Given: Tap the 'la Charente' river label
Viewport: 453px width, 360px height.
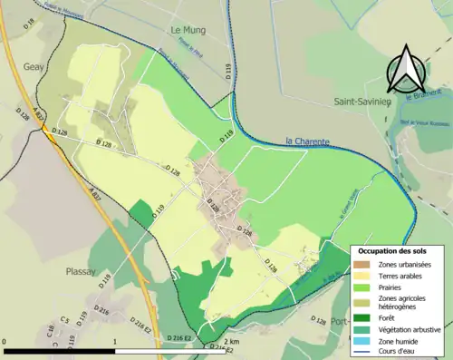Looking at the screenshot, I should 305,141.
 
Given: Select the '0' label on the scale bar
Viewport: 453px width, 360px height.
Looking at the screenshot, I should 5,342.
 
